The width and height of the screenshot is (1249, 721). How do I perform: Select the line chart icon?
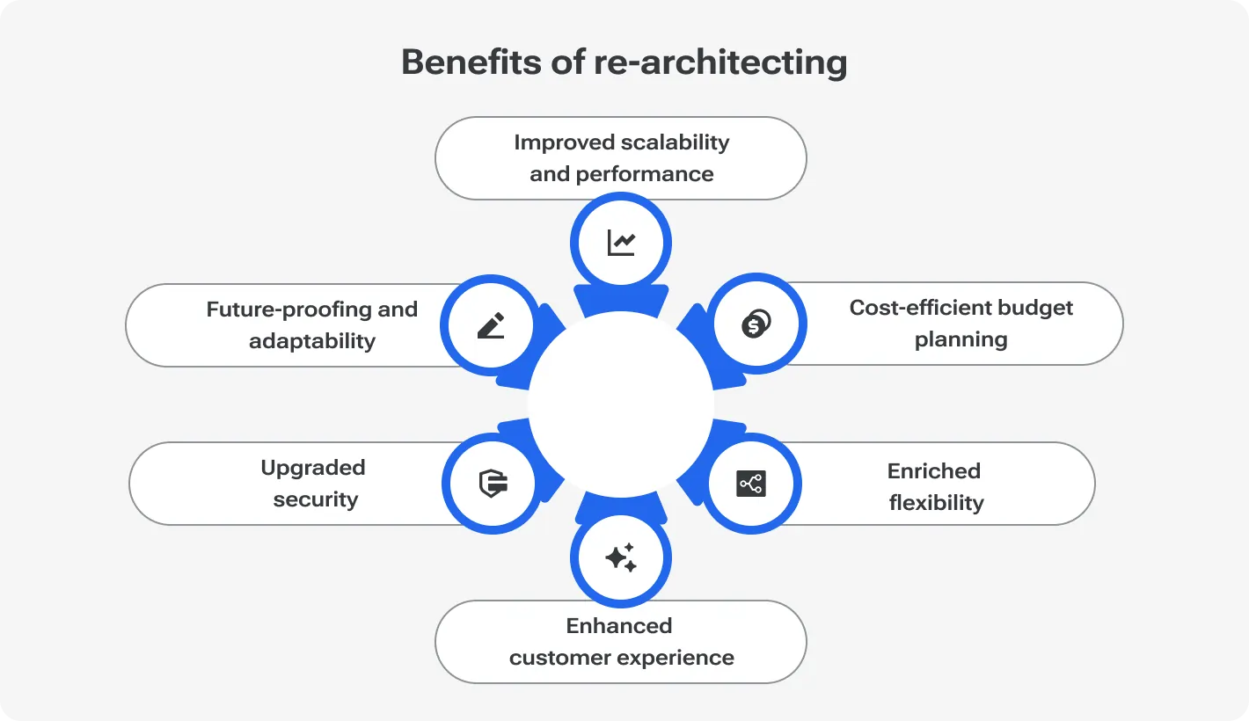pos(621,243)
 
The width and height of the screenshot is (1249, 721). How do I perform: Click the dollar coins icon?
pos(756,324)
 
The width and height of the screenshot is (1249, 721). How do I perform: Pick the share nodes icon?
pos(750,484)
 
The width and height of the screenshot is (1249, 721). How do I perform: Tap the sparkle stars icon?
pos(621,558)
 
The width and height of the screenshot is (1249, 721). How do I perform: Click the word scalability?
pos(676,142)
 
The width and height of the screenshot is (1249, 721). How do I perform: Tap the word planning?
pos(960,339)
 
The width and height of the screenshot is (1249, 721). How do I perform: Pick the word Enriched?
pos(933,471)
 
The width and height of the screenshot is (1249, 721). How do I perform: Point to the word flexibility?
pos(936,503)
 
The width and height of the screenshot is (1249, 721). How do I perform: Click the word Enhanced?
pos(619,626)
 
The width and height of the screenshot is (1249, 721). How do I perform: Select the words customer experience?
pos(621,658)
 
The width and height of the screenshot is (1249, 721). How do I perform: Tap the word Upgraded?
pos(312,468)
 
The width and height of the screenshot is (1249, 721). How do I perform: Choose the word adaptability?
pos(312,341)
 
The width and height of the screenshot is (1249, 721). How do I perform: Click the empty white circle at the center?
pos(621,403)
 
